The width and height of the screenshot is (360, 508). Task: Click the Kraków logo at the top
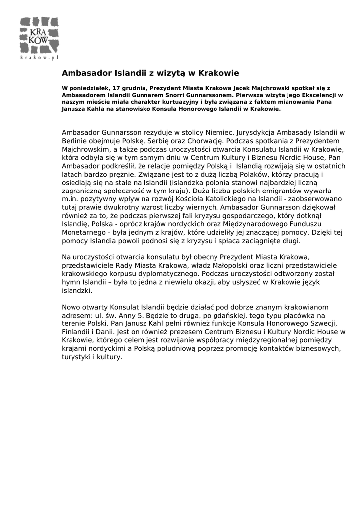coord(40,35)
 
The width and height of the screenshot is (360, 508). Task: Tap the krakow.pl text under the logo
coord(40,57)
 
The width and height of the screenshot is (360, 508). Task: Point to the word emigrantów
coord(266,190)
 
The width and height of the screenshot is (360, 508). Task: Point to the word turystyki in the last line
coord(76,356)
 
